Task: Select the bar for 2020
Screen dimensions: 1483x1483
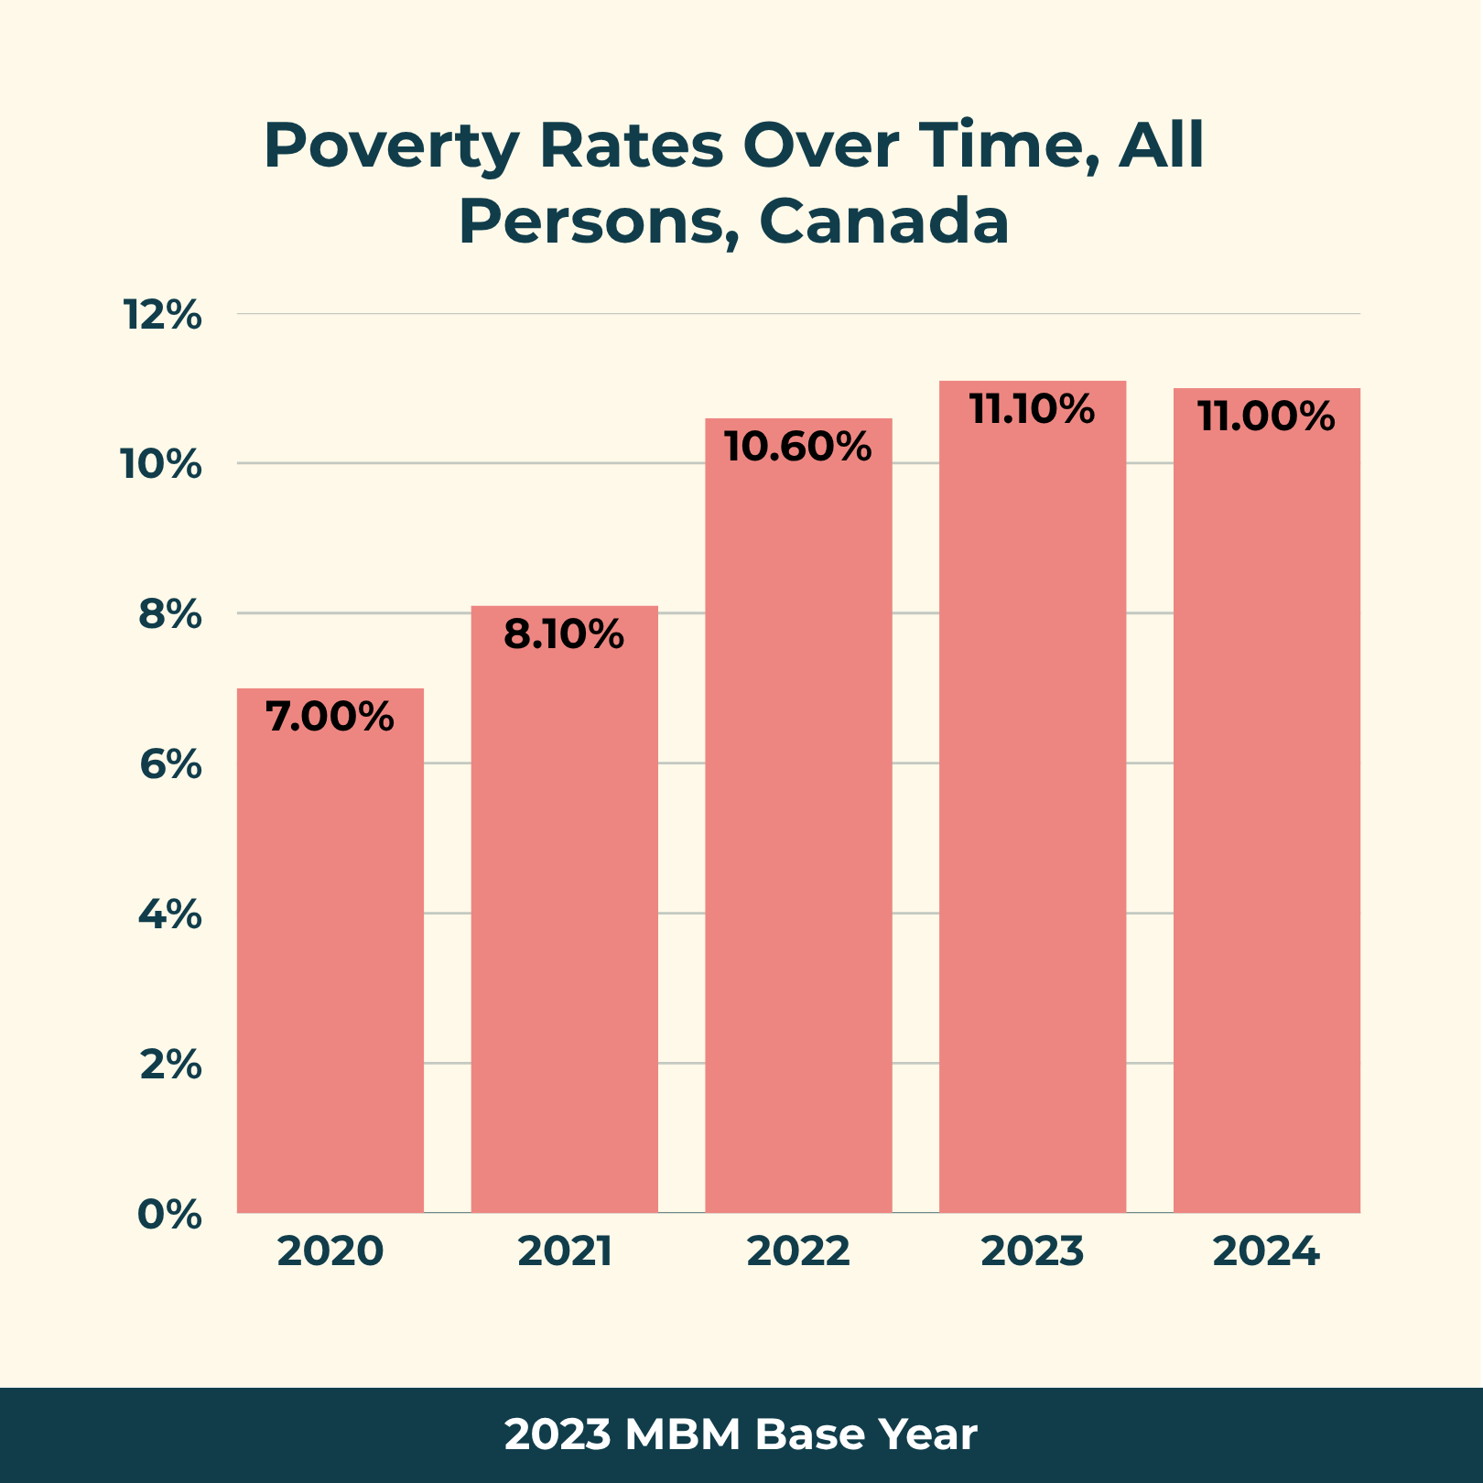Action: point(330,950)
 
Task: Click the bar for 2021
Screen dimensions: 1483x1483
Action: point(565,909)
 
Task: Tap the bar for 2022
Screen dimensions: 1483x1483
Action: point(798,816)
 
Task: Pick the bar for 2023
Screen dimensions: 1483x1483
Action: point(1033,796)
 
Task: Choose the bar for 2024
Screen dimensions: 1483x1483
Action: point(1267,800)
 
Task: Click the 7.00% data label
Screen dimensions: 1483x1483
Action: point(330,717)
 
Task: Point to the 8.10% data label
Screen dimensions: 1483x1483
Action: point(564,634)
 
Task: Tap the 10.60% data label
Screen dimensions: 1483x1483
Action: point(798,447)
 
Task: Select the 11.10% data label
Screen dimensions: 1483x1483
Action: point(1033,409)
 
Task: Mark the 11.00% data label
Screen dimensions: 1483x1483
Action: point(1267,417)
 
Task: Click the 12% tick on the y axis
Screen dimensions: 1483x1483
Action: point(162,315)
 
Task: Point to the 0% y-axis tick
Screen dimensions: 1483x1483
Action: point(169,1215)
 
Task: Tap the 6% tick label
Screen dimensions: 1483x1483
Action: point(170,764)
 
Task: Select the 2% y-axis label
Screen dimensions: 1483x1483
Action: point(170,1065)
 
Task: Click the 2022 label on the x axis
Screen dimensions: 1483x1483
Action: point(798,1251)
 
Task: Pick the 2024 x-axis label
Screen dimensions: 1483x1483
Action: point(1267,1251)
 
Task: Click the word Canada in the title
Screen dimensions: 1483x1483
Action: point(884,221)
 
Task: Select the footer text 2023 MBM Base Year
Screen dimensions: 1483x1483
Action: point(741,1434)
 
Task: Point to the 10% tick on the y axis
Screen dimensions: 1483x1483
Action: point(161,465)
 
